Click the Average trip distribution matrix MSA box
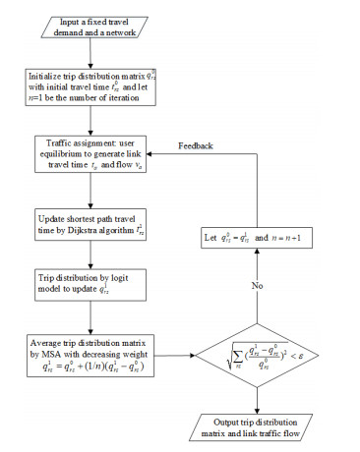pos(90,351)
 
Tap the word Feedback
pos(196,145)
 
